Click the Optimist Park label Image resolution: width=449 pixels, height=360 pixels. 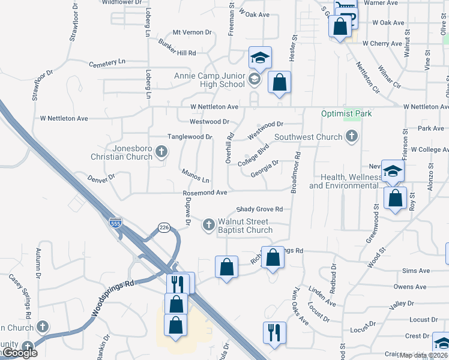(x=346, y=113)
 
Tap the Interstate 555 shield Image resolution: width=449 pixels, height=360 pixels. (x=116, y=223)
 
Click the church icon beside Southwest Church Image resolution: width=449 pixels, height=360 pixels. (x=351, y=137)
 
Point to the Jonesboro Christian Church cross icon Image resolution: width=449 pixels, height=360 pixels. (x=161, y=152)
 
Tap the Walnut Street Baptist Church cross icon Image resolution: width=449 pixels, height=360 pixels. (x=208, y=225)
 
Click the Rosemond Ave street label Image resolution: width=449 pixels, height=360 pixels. (x=205, y=193)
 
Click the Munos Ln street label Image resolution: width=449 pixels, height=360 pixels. (x=197, y=176)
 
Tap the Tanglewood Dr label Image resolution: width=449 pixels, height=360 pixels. (x=189, y=137)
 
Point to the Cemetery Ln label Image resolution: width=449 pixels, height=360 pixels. (x=107, y=62)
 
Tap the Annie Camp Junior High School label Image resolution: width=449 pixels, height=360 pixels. (x=209, y=80)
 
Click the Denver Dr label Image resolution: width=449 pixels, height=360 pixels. (x=101, y=178)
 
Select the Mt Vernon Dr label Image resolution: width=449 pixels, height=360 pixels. (x=193, y=32)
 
